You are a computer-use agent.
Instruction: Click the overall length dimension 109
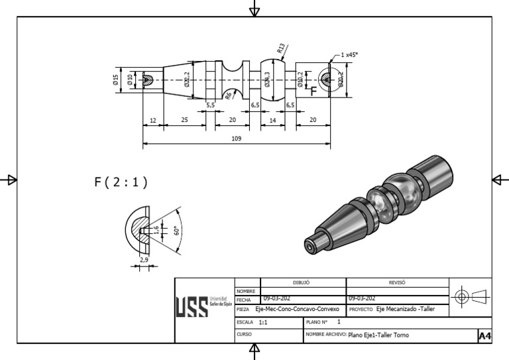(x=237, y=139)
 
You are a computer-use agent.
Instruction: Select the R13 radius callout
(x=281, y=48)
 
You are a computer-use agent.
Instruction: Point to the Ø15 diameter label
(x=115, y=80)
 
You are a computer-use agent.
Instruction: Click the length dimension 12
(x=153, y=120)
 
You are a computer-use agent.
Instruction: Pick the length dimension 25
(x=184, y=120)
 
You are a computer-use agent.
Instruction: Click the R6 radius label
(x=228, y=96)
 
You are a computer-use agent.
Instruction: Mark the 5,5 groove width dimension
(x=210, y=105)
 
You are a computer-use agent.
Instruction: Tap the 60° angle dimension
(x=176, y=231)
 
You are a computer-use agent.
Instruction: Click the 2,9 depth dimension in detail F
(x=144, y=260)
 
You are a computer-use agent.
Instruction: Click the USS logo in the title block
(x=190, y=306)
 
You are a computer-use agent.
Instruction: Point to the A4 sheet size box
(x=484, y=336)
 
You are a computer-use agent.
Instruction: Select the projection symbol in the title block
(x=471, y=295)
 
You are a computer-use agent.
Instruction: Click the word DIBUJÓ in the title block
(x=302, y=282)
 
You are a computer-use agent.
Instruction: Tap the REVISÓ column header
(x=398, y=282)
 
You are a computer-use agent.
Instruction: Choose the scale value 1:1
(x=263, y=322)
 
